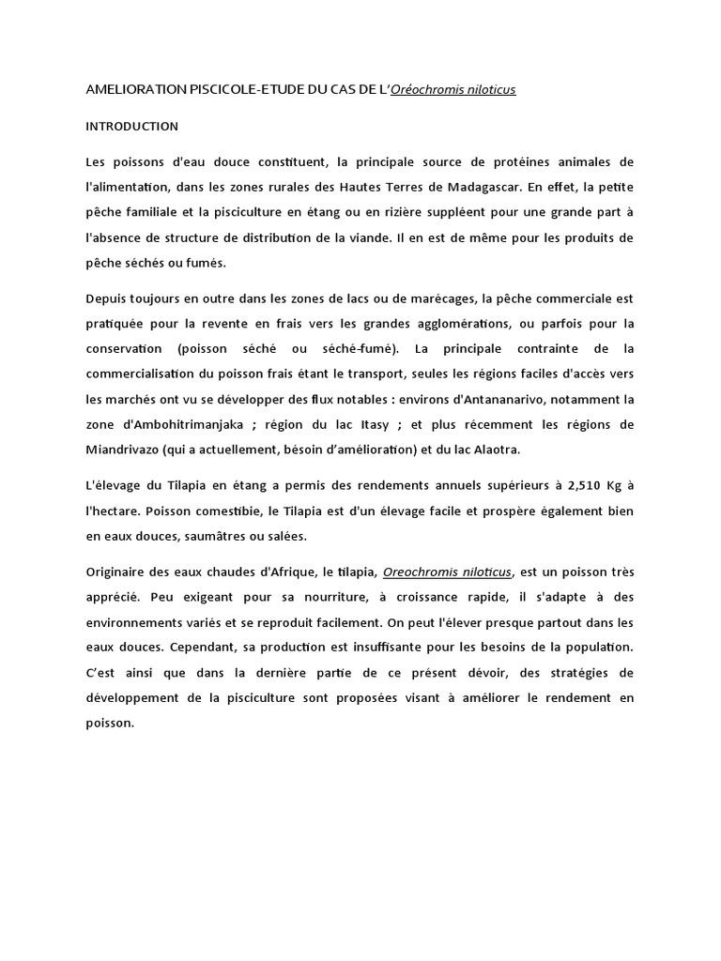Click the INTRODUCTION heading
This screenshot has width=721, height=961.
(x=131, y=126)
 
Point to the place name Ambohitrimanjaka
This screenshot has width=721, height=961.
(x=186, y=424)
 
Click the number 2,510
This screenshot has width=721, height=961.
(x=579, y=487)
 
